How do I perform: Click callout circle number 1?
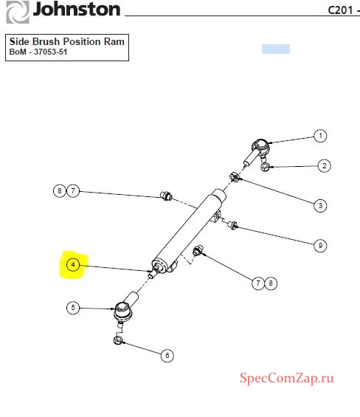point(320,136)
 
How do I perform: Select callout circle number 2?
point(324,166)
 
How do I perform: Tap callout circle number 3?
point(320,206)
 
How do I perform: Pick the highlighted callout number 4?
point(73,265)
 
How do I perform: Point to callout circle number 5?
point(73,308)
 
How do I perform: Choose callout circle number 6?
point(167,355)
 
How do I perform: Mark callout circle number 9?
point(320,246)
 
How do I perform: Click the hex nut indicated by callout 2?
point(265,167)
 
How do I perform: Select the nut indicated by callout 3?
point(235,176)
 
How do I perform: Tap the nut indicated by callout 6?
point(118,340)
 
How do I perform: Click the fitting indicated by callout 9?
point(232,225)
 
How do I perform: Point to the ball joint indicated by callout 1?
point(257,151)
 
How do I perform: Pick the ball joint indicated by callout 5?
point(125,309)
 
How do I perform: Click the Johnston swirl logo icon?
point(18,12)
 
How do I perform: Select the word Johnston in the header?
point(77,10)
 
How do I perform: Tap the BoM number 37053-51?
point(50,52)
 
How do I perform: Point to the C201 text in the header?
point(340,10)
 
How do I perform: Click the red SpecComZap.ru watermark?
point(287,378)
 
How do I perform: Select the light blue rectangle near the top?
point(276,49)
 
